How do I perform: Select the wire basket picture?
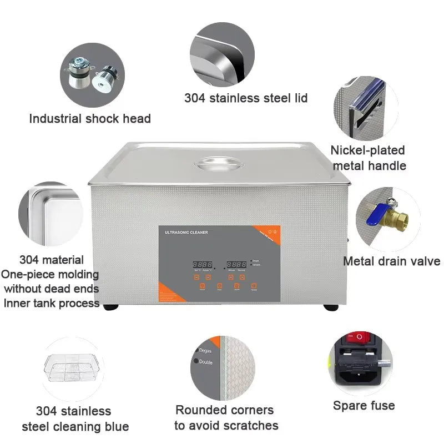click(x=72, y=370)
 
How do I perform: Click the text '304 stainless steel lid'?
click(x=246, y=98)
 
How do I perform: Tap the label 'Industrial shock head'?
click(x=90, y=118)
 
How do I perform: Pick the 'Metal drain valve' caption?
click(x=391, y=261)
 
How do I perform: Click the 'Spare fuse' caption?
click(x=364, y=406)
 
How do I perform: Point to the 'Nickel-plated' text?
click(x=367, y=150)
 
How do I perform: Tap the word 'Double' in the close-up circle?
click(x=206, y=362)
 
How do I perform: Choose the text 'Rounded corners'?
click(x=224, y=410)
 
